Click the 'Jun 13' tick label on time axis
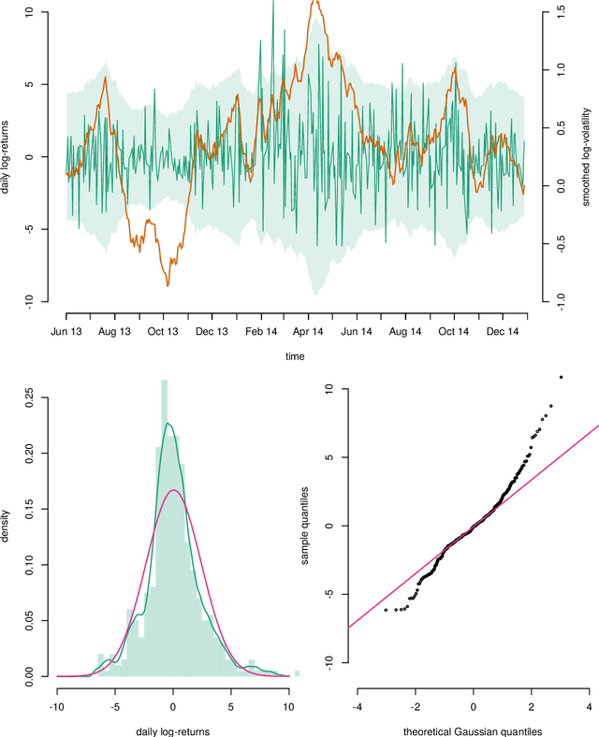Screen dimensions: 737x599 66,331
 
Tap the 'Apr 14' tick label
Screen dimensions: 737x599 309,331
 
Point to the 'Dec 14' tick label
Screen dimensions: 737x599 503,331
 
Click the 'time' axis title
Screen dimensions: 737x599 295,356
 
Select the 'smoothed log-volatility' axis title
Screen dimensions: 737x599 586,155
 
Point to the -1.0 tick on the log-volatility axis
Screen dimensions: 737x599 560,299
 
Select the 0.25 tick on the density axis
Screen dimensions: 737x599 33,398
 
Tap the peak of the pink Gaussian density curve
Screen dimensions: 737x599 173,490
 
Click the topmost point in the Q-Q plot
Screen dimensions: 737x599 561,377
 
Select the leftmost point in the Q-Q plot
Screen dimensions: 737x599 386,610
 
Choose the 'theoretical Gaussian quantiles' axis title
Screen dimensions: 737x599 473,730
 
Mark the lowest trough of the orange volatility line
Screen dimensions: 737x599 168,285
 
